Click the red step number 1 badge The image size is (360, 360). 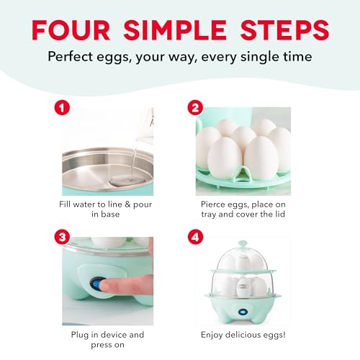pos(62,107)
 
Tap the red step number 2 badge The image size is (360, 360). pos(195,107)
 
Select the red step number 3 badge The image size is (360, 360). pos(62,237)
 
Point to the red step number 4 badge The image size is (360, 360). pos(195,237)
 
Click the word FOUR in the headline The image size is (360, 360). pos(71,30)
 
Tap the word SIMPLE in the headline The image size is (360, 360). pos(175,30)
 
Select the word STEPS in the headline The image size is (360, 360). pos(284,30)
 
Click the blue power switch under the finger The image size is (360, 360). pos(96,284)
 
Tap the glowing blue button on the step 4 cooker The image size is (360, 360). pos(243,312)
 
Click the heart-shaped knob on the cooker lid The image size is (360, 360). pos(243,244)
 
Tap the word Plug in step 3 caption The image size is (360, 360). pos(80,335)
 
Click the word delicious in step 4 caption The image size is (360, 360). pos(242,334)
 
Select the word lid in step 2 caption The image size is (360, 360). pos(280,214)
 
